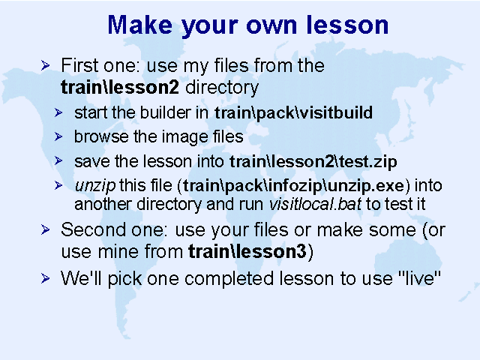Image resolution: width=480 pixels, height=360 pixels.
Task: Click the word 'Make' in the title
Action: (x=139, y=25)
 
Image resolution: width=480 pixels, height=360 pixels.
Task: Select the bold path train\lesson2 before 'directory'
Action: (x=120, y=87)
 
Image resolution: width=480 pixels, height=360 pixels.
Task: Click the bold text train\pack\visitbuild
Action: (x=293, y=113)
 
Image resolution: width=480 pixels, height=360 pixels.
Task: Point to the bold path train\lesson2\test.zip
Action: (x=313, y=162)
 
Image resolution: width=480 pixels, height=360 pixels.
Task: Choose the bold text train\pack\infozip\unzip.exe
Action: (x=293, y=186)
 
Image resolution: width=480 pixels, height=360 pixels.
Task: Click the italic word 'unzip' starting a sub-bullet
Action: (x=95, y=186)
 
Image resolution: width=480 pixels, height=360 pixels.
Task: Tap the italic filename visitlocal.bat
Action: (x=315, y=204)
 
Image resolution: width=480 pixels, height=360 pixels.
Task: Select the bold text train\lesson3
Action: (x=247, y=252)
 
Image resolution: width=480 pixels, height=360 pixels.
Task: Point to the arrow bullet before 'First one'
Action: (x=45, y=65)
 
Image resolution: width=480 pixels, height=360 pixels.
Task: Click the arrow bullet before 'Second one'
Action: (x=45, y=229)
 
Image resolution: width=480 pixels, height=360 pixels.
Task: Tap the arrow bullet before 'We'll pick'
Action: (x=45, y=278)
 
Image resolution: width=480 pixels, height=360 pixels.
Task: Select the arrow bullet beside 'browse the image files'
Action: (x=58, y=136)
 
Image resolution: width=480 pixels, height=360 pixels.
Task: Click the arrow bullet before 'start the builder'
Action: (x=58, y=112)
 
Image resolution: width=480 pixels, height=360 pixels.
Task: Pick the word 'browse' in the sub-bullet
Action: (x=101, y=136)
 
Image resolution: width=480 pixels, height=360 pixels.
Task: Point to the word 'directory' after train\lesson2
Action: (x=222, y=88)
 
